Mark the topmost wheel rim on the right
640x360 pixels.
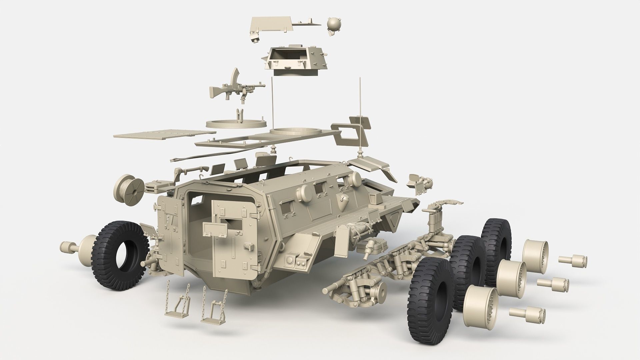tap(535, 255)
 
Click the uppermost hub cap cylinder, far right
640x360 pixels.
tap(573, 260)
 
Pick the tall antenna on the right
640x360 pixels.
tap(360, 117)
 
